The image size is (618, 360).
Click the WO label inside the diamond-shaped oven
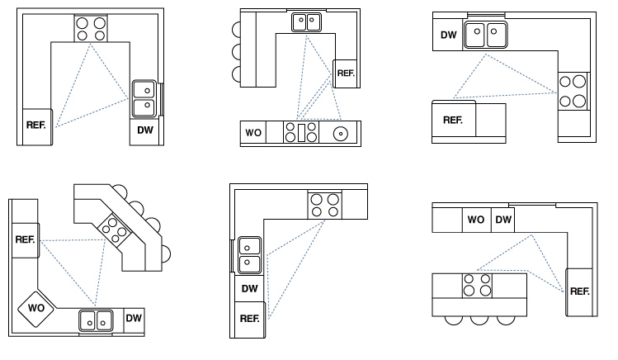(35, 308)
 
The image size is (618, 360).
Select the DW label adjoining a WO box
(503, 220)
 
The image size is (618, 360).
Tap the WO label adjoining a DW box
(476, 220)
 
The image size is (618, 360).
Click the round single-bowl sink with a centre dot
(340, 132)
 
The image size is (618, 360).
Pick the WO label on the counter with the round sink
(252, 132)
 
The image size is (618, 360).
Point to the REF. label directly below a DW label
(249, 318)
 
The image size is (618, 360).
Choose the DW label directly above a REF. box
(249, 289)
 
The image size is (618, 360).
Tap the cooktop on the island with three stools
(477, 286)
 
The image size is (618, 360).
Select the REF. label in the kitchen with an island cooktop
(579, 290)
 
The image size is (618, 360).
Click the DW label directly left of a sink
(448, 35)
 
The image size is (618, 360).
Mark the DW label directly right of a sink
(134, 317)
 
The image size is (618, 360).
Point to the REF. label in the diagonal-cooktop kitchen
(25, 239)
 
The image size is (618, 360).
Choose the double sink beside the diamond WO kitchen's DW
(96, 319)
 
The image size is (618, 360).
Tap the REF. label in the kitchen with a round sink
(345, 73)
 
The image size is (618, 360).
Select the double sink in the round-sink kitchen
(307, 23)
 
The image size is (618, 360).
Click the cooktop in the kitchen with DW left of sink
(573, 91)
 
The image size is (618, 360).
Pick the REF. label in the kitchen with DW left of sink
(453, 120)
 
